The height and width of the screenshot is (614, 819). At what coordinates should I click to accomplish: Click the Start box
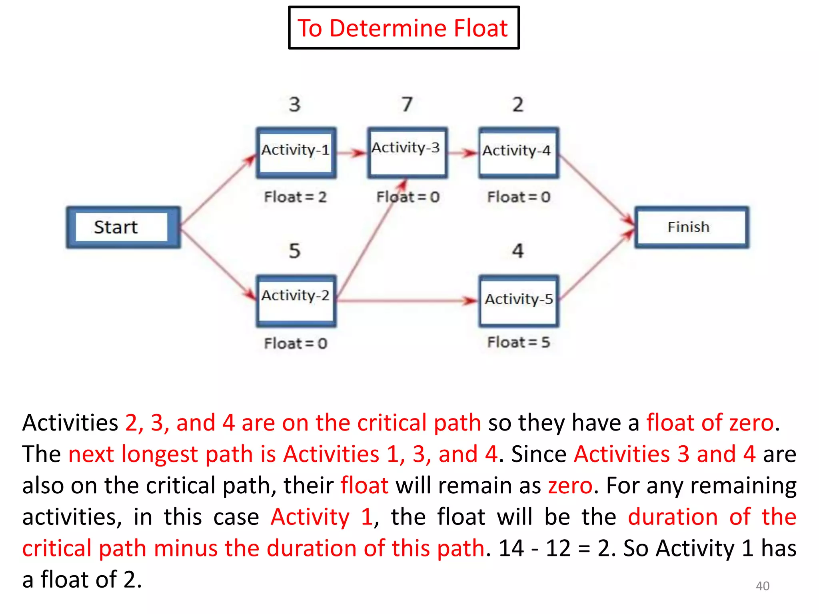pyautogui.click(x=123, y=227)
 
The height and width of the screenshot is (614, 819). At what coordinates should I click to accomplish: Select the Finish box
pyautogui.click(x=691, y=227)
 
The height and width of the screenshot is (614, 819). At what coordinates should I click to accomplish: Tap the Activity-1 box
pyautogui.click(x=296, y=152)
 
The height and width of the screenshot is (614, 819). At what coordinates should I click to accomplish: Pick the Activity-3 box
pyautogui.click(x=407, y=152)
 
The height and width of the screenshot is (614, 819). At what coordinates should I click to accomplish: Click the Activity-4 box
pyautogui.click(x=518, y=152)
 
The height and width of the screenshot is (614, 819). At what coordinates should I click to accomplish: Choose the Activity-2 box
pyautogui.click(x=296, y=301)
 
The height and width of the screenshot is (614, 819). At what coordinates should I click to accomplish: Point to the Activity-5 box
pyautogui.click(x=518, y=301)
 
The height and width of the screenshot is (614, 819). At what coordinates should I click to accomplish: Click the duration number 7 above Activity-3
pyautogui.click(x=407, y=104)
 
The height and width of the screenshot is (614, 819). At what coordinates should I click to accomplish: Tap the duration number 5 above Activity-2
pyautogui.click(x=294, y=251)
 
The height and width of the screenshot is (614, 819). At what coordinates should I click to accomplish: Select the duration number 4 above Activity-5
pyautogui.click(x=517, y=251)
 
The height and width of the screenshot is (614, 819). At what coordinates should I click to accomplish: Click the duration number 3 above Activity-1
pyautogui.click(x=294, y=104)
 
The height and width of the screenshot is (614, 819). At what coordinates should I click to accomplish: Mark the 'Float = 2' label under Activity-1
pyautogui.click(x=295, y=197)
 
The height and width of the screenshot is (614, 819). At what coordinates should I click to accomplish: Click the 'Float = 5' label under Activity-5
pyautogui.click(x=518, y=342)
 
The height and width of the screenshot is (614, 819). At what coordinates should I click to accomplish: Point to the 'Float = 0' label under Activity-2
pyautogui.click(x=295, y=343)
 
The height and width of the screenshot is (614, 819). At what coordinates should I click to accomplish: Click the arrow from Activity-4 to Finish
pyautogui.click(x=596, y=189)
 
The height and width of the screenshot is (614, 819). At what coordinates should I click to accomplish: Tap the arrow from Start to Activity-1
pyautogui.click(x=218, y=190)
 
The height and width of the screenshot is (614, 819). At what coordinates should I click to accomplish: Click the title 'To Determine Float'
pyautogui.click(x=403, y=28)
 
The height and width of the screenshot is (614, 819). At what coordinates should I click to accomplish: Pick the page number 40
pyautogui.click(x=762, y=586)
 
